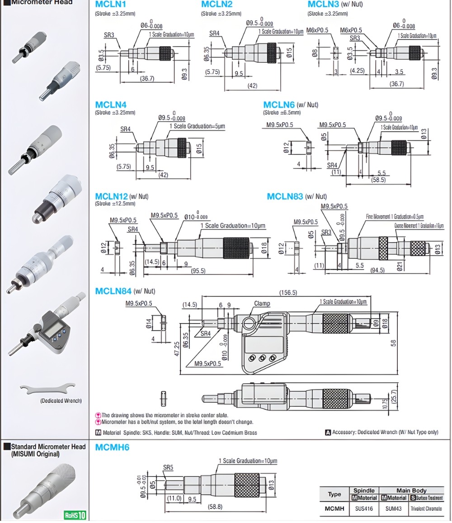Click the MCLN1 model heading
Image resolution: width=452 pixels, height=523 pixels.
(x=110, y=5)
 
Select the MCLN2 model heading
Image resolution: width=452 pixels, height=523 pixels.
(x=217, y=5)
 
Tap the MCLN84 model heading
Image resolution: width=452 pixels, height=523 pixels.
(x=113, y=291)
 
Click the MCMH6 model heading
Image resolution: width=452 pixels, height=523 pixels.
(x=112, y=447)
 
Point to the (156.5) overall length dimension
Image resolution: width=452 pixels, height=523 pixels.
(x=288, y=293)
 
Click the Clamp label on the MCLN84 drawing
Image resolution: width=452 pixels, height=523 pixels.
(x=262, y=304)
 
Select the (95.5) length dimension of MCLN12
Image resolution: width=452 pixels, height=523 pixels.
(x=198, y=271)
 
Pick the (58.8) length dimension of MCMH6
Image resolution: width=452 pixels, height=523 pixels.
(x=215, y=507)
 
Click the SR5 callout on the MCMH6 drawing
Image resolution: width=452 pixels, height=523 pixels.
(x=168, y=467)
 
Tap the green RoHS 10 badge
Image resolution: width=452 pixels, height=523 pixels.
(x=75, y=515)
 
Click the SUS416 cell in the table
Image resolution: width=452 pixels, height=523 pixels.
(x=364, y=509)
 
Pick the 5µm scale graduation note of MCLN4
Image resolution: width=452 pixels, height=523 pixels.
(x=197, y=126)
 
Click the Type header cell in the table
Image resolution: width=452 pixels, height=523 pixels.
(x=334, y=494)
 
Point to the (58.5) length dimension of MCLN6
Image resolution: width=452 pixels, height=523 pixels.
(x=378, y=180)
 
